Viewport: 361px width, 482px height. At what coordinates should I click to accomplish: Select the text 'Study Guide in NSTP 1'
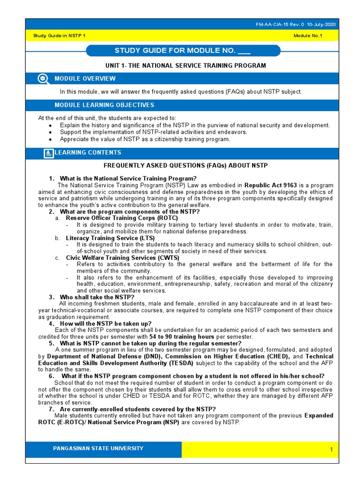(59, 36)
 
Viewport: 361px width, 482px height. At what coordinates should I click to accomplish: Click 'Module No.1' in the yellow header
(308, 36)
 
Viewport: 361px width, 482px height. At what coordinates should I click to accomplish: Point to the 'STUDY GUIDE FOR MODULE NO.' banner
(183, 51)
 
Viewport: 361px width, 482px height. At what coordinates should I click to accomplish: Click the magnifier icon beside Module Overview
(43, 79)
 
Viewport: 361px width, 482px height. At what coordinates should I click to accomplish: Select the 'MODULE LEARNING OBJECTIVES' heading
(104, 105)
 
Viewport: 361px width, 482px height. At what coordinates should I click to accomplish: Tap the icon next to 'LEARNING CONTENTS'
(48, 153)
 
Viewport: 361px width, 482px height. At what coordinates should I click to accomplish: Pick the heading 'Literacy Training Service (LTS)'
(110, 238)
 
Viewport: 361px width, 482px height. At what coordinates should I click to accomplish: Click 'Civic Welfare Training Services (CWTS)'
(122, 258)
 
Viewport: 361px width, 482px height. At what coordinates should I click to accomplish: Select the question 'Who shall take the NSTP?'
(97, 297)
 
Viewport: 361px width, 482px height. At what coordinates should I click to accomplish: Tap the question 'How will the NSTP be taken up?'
(106, 324)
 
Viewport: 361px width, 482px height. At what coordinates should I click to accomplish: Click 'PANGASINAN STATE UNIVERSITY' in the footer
(98, 449)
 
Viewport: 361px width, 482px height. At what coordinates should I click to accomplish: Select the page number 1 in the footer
(331, 450)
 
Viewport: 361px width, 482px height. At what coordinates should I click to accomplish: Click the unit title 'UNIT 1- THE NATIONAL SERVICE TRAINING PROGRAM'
(185, 65)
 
